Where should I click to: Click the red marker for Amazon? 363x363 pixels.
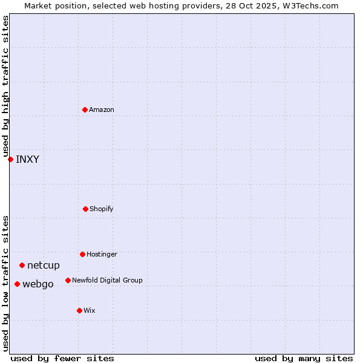click(x=85, y=110)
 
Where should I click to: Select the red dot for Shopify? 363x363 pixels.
click(x=85, y=209)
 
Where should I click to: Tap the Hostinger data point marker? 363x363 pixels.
click(x=82, y=254)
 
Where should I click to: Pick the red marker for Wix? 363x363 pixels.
click(x=79, y=310)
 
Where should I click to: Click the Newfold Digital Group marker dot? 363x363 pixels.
click(x=68, y=280)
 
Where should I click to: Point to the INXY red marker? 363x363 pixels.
click(x=10, y=159)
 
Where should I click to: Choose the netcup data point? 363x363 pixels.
click(x=22, y=265)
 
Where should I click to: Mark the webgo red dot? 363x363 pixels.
click(x=17, y=284)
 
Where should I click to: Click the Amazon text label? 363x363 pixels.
click(x=102, y=110)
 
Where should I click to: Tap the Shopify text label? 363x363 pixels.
click(x=102, y=209)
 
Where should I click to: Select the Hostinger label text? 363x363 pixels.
click(x=102, y=254)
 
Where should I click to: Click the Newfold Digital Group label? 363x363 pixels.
click(x=107, y=280)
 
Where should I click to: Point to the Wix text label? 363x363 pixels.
click(x=90, y=310)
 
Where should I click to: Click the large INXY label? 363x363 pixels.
click(x=27, y=160)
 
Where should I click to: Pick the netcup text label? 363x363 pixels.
click(x=44, y=265)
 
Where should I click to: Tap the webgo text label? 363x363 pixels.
click(x=38, y=284)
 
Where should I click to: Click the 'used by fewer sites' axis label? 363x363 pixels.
click(x=62, y=358)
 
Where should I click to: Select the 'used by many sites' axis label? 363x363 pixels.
click(x=304, y=358)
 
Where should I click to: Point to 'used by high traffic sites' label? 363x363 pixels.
click(x=5, y=86)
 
